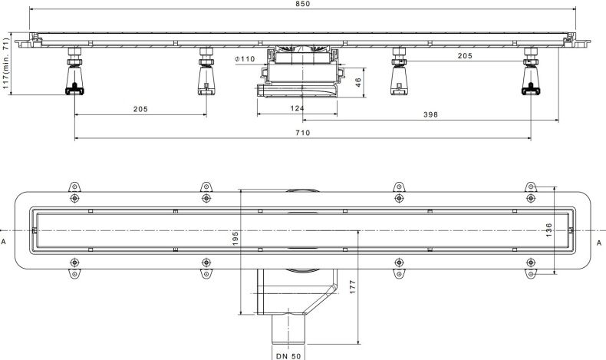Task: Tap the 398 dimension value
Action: pos(431,114)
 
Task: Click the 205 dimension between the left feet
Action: pos(140,109)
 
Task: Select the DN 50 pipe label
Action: pos(288,355)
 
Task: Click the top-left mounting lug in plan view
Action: pos(74,189)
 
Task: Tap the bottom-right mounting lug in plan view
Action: pos(531,270)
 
